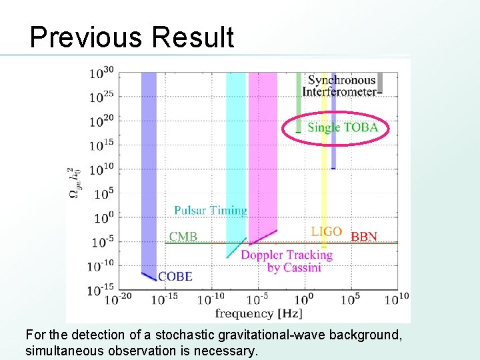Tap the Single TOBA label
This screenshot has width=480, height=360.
[x=343, y=127]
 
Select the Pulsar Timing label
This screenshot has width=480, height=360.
[x=211, y=211]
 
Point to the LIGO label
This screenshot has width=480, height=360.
[x=327, y=232]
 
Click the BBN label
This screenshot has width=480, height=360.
[x=364, y=237]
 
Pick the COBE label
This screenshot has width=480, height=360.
[x=175, y=276]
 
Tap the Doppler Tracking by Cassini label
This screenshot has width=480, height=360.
[x=286, y=261]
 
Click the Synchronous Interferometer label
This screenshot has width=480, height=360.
[x=341, y=86]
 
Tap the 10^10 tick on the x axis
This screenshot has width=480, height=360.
[x=396, y=300]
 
